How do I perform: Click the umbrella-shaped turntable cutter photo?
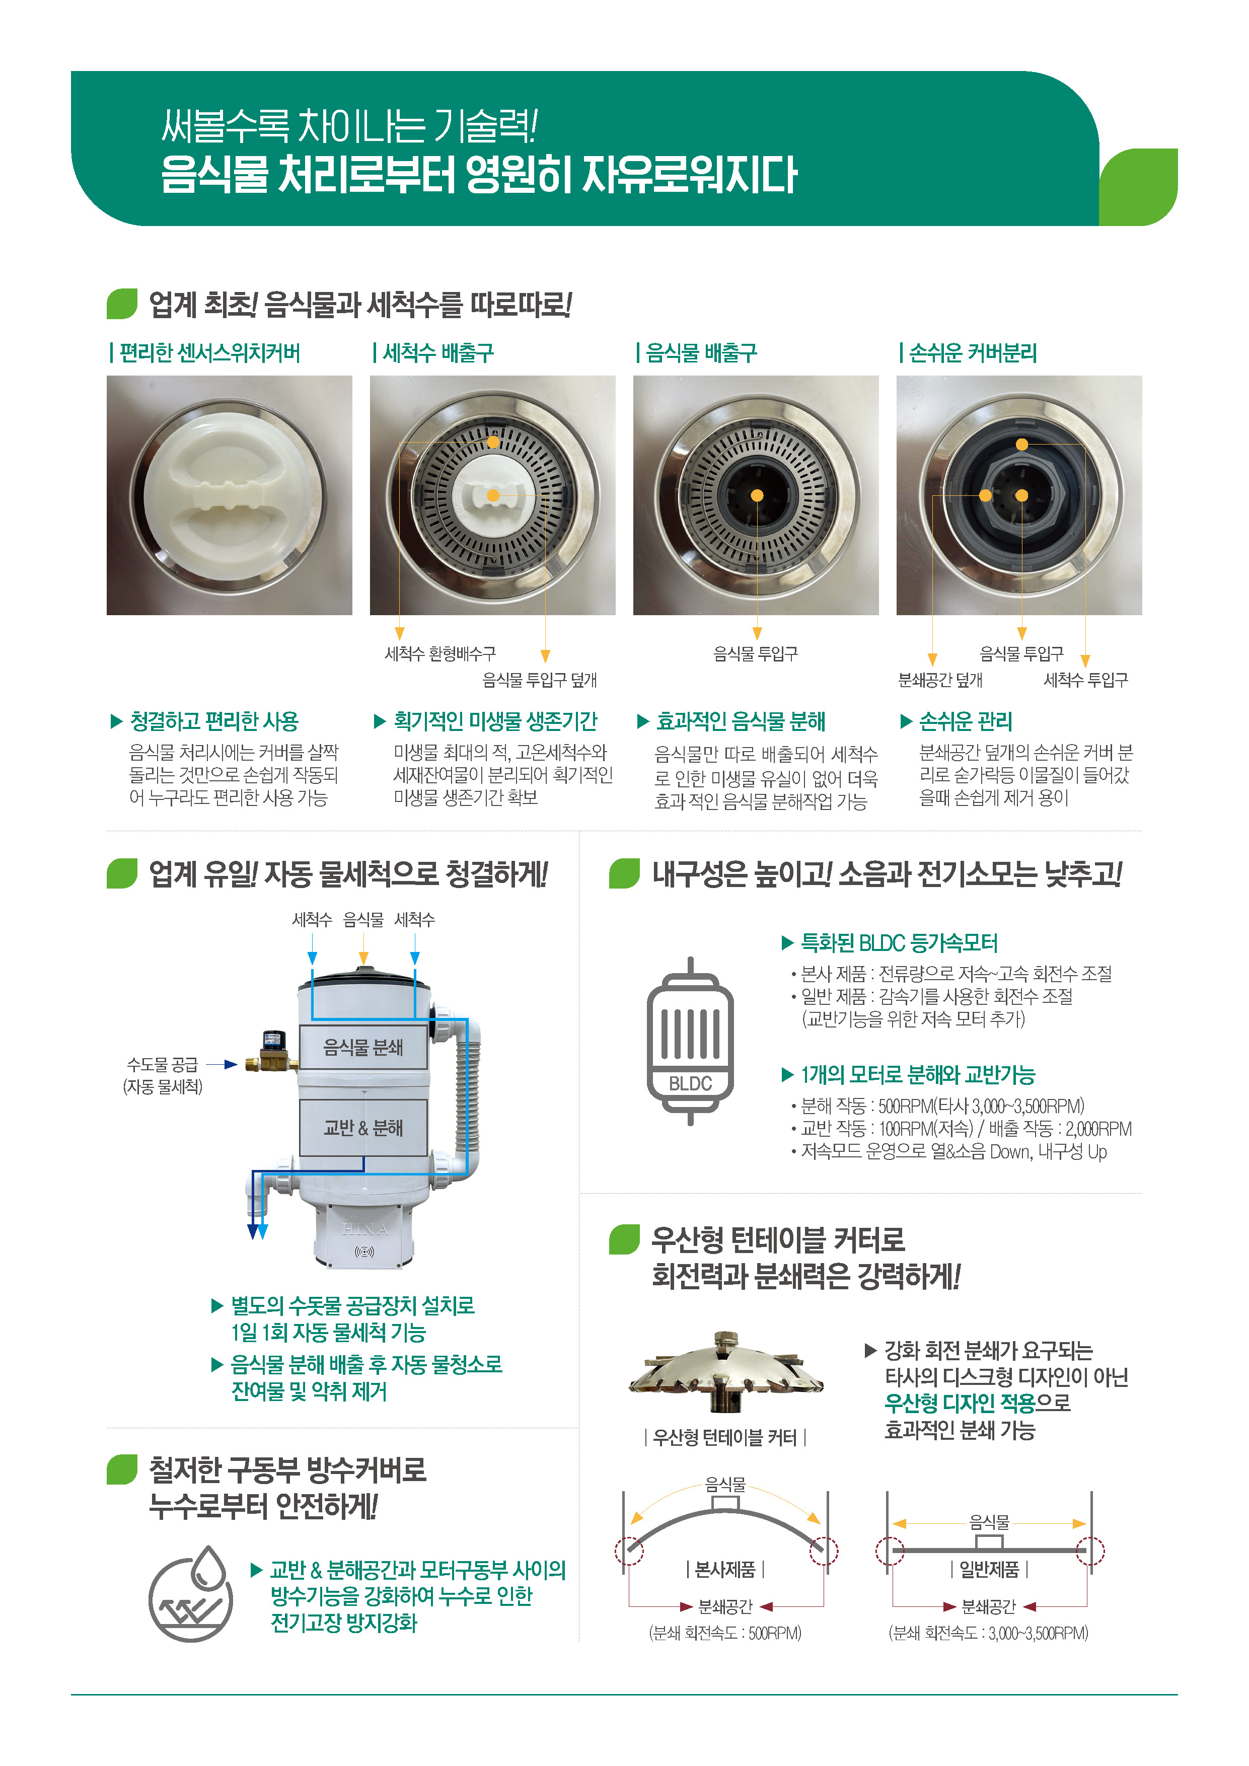coord(726,1373)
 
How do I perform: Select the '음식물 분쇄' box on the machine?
coord(363,1047)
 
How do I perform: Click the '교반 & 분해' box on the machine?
coord(363,1128)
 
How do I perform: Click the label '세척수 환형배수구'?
coord(440,654)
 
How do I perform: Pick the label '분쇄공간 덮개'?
coord(940,680)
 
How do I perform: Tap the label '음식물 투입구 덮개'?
coord(540,680)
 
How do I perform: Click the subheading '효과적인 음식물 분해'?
coord(741,721)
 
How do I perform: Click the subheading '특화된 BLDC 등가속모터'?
coord(899,943)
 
